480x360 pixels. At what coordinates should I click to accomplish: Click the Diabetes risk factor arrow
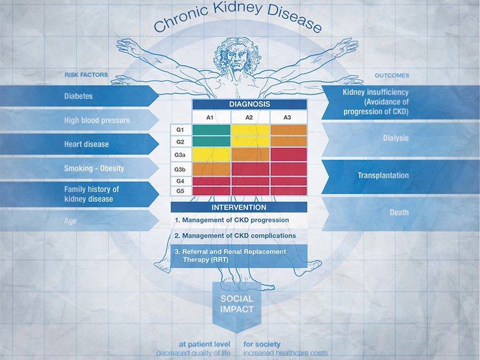(78, 96)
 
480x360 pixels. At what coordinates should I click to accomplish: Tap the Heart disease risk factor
(86, 144)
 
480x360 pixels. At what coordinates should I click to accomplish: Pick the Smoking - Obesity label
(94, 169)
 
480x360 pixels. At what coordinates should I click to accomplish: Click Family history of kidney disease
(91, 194)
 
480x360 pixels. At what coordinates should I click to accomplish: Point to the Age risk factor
(71, 220)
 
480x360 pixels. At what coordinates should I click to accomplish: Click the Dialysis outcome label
(395, 138)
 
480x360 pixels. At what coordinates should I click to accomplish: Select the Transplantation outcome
(382, 176)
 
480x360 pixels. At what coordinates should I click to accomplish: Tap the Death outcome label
(399, 212)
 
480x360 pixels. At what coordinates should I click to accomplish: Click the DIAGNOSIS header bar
(249, 104)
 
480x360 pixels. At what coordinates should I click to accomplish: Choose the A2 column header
(249, 117)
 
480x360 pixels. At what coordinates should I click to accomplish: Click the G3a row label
(180, 154)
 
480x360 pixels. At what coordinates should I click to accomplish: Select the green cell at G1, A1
(211, 130)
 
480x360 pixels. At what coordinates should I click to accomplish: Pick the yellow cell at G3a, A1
(211, 154)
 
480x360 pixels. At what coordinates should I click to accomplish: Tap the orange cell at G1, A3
(288, 130)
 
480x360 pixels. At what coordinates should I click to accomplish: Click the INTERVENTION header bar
(239, 207)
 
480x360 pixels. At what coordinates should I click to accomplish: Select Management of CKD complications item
(235, 236)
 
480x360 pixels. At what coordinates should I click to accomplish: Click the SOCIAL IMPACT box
(237, 304)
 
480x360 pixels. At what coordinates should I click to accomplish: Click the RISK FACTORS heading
(86, 75)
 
